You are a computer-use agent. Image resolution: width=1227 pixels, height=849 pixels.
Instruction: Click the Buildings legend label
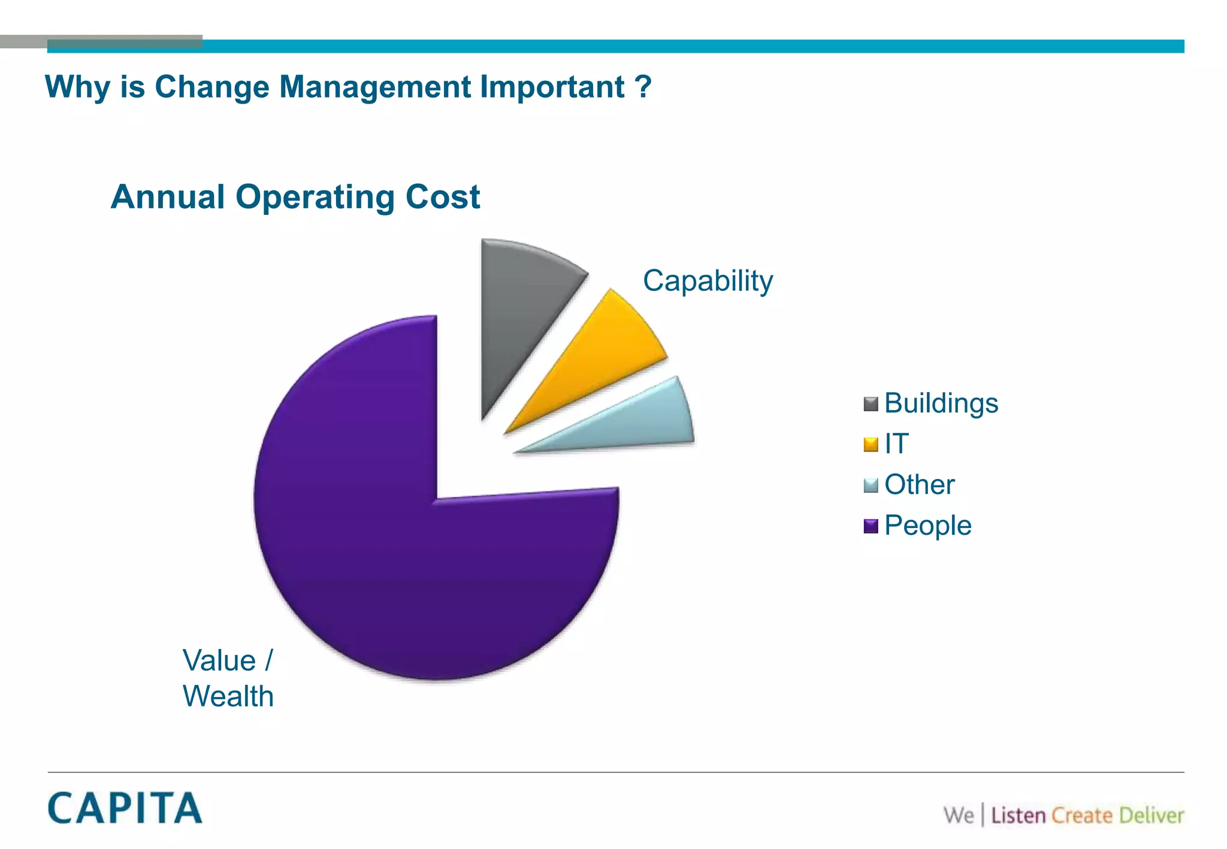[941, 403]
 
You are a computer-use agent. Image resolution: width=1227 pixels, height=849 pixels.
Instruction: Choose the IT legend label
[896, 444]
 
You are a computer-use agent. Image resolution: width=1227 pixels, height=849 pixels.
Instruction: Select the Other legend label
[919, 484]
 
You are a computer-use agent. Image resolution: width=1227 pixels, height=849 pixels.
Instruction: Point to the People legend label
[927, 525]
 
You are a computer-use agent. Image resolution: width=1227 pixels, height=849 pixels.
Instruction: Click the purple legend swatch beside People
[871, 526]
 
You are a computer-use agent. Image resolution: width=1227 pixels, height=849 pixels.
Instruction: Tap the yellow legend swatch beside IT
[871, 444]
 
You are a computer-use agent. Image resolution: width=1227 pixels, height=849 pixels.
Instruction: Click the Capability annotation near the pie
[708, 281]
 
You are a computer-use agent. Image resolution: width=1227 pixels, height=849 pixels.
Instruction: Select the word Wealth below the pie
[228, 696]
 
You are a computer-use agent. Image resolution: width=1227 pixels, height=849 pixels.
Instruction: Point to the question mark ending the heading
[643, 87]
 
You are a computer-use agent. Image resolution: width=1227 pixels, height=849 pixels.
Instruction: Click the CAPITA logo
[125, 808]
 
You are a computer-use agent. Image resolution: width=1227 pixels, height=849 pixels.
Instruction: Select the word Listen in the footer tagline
[1018, 815]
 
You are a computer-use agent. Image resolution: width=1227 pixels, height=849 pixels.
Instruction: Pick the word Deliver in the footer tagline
[1151, 815]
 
